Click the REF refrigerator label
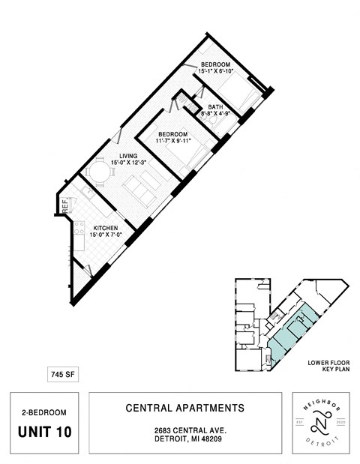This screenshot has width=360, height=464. pos(65,202)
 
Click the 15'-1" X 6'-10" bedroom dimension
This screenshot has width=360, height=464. pos(223,71)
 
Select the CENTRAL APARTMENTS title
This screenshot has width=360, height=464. pos(184,409)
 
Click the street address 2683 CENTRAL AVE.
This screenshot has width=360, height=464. pos(184,430)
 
